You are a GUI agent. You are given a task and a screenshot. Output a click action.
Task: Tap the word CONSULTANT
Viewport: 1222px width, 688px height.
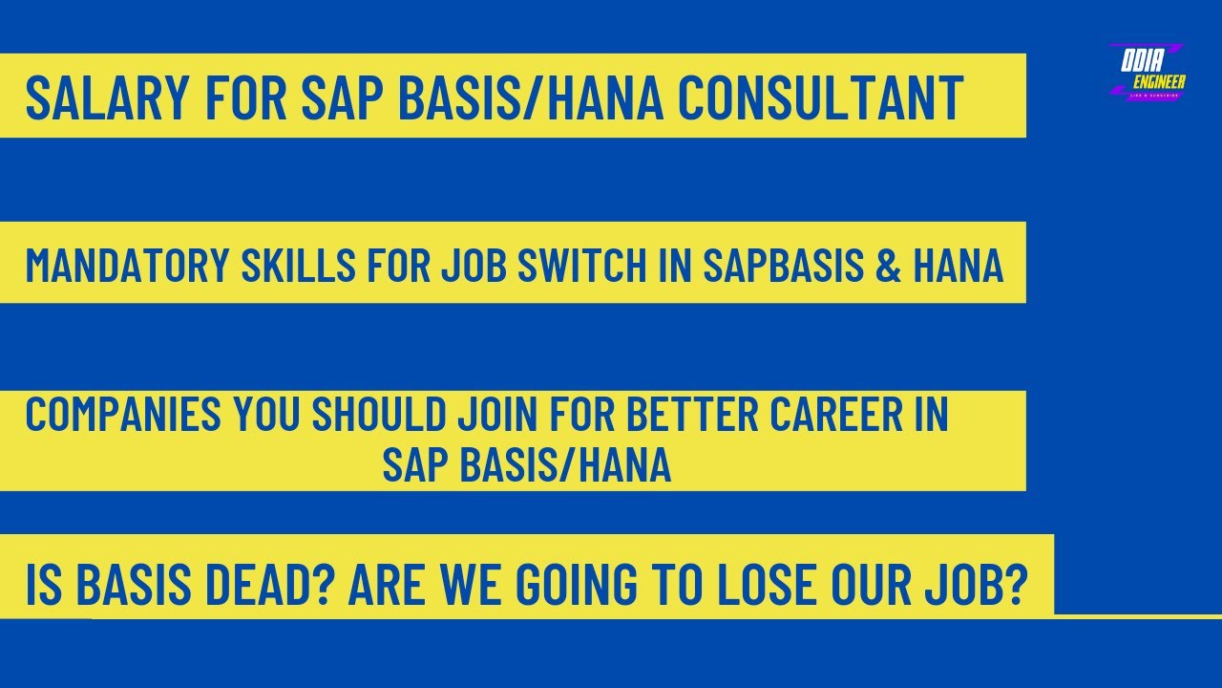tap(820, 97)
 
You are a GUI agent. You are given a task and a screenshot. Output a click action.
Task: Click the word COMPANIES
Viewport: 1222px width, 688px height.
tap(123, 414)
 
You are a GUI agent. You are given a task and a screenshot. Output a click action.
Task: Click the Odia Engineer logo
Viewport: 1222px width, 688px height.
tap(1148, 72)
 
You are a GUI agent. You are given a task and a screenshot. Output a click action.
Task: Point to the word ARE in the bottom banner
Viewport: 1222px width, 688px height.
tap(382, 585)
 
